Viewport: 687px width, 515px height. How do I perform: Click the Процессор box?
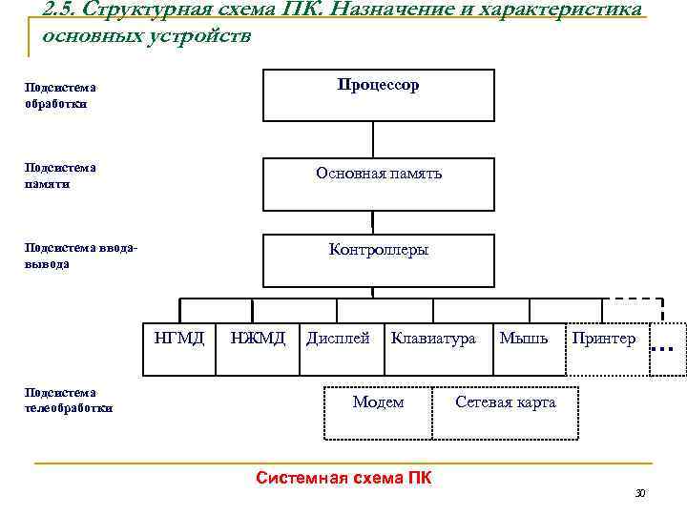(379, 95)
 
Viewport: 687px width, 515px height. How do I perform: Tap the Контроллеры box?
(379, 259)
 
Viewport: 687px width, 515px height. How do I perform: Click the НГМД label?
(179, 338)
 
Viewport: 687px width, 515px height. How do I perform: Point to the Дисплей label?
(338, 338)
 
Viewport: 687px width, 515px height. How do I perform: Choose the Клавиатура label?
(433, 338)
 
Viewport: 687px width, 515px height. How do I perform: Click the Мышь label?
(524, 338)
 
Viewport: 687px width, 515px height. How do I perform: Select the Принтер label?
(603, 338)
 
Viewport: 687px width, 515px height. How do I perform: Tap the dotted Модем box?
(379, 412)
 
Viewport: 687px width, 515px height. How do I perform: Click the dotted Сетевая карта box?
(505, 412)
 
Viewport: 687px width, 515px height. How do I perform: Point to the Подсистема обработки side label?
(60, 95)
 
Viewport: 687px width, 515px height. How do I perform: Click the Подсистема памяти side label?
(60, 175)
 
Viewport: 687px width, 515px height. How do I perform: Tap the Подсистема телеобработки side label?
(68, 401)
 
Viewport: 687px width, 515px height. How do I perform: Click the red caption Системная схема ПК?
(343, 477)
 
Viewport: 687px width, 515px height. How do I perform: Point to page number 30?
(640, 493)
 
